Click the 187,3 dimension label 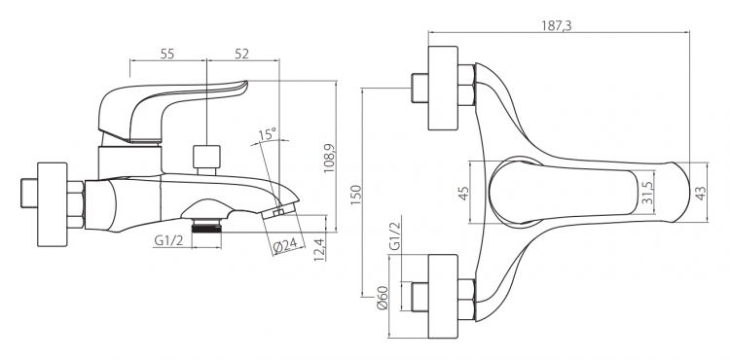point(556,25)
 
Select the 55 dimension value point(167,54)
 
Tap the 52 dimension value point(241,54)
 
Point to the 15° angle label point(268,134)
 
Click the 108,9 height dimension point(329,159)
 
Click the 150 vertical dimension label point(354,196)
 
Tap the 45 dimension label point(463,193)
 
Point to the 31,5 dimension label point(646,193)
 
